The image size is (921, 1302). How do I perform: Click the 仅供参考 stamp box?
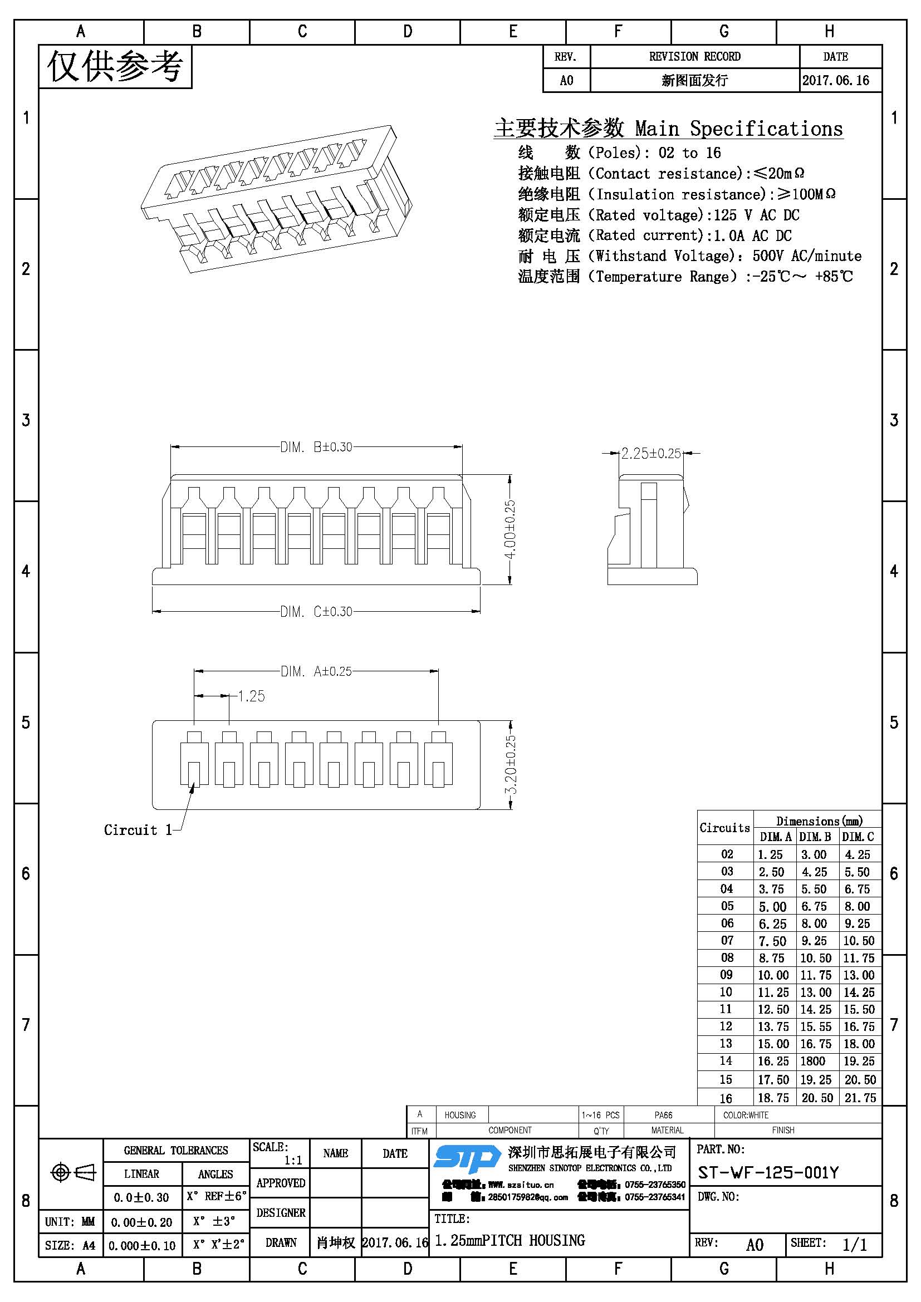click(115, 67)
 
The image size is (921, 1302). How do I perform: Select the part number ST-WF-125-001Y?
click(768, 1173)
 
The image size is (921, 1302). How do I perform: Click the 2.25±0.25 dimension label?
click(650, 453)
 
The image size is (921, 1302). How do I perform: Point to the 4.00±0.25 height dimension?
click(510, 528)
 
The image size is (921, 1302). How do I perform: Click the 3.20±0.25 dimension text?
click(511, 764)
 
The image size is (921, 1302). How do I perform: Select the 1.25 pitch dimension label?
click(251, 696)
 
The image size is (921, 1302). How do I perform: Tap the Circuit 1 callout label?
click(138, 830)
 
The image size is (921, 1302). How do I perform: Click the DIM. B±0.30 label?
click(316, 447)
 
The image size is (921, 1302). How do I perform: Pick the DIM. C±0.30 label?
click(316, 611)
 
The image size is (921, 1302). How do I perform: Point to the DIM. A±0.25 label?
click(316, 671)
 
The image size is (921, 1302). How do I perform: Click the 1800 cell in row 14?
click(812, 1061)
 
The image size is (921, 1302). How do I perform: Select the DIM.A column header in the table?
click(775, 837)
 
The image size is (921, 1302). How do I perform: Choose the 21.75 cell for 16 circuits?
click(860, 1098)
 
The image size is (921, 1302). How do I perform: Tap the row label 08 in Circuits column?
click(727, 958)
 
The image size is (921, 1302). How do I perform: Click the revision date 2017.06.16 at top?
click(835, 81)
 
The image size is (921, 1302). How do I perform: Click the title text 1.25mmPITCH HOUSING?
click(510, 1240)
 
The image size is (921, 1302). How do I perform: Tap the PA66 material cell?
click(663, 1115)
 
